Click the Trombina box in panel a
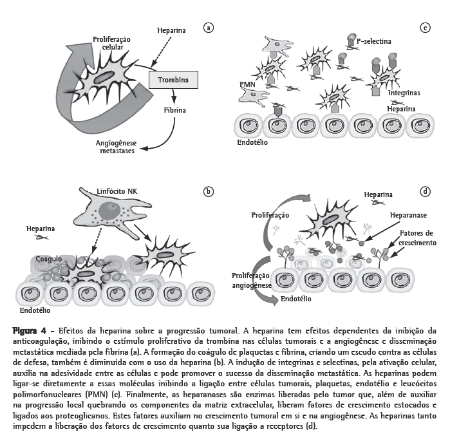173,79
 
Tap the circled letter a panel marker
208,28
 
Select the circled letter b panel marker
208,191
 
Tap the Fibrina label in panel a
174,110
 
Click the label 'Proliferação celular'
111,43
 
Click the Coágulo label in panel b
49,258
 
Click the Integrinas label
404,93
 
